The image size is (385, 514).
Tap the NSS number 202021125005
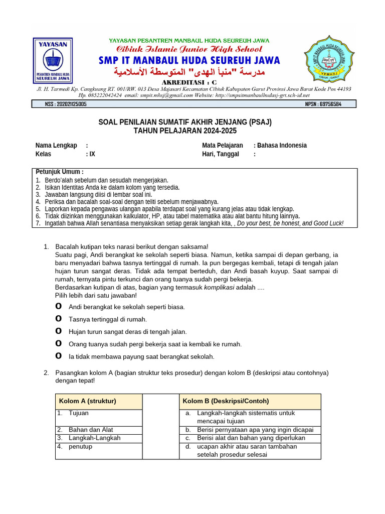click(x=66, y=104)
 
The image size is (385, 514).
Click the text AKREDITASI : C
click(x=189, y=82)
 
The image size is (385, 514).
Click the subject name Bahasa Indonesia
click(x=282, y=146)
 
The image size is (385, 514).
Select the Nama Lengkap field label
click(x=56, y=146)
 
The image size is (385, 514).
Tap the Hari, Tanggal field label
click(x=221, y=154)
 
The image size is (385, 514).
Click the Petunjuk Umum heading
click(x=60, y=172)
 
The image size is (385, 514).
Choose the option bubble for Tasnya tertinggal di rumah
click(x=59, y=319)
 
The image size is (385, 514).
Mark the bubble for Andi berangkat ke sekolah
click(x=59, y=306)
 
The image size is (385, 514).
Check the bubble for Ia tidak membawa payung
click(x=59, y=356)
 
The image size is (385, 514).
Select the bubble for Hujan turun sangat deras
click(x=59, y=331)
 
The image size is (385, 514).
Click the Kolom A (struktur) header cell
click(x=88, y=401)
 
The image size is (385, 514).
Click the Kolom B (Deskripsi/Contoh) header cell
click(x=226, y=401)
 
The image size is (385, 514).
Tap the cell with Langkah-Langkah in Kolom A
click(x=88, y=438)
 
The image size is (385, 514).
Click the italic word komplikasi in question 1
click(x=223, y=287)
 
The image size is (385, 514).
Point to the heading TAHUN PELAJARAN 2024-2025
click(x=184, y=131)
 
